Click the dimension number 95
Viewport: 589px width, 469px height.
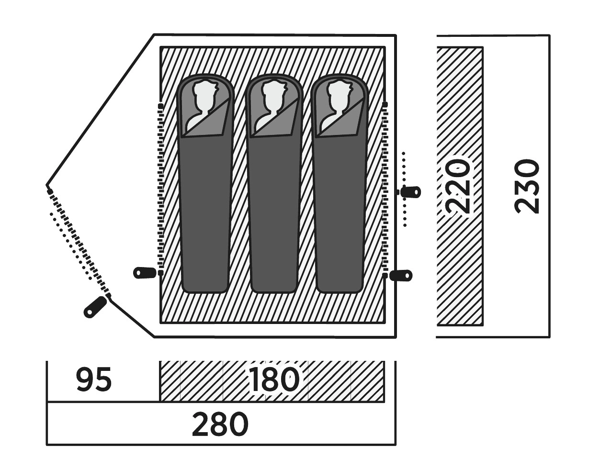[x=94, y=380]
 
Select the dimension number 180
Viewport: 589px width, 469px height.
[x=274, y=380]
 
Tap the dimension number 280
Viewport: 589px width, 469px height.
[x=220, y=424]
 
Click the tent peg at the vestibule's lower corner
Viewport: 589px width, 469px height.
[x=95, y=307]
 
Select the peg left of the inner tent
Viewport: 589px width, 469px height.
[x=145, y=273]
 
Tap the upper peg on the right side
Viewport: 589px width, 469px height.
[x=410, y=192]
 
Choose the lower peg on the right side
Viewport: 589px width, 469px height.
[x=401, y=276]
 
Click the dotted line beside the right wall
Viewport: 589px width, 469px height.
[x=404, y=189]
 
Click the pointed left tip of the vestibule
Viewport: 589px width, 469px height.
[x=47, y=185]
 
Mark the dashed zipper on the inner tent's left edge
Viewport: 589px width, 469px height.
[x=160, y=189]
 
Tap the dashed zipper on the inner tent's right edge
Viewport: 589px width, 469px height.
[x=385, y=189]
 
